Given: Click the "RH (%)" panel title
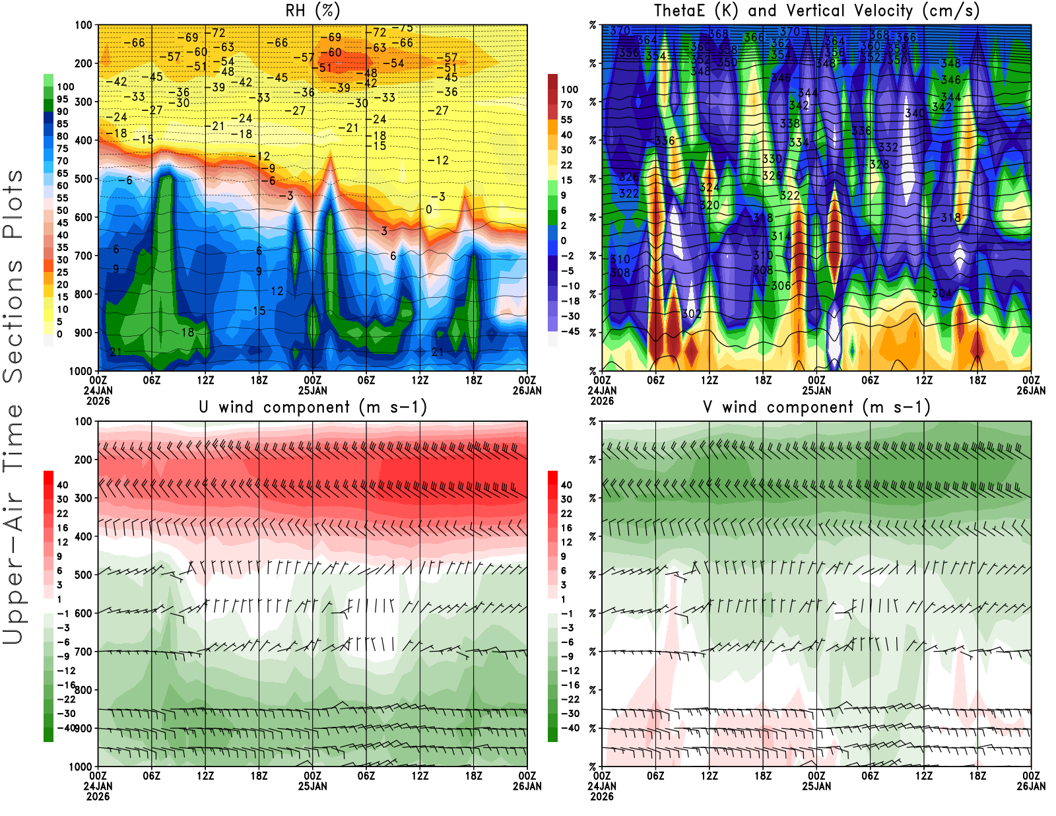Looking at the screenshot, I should (x=313, y=11).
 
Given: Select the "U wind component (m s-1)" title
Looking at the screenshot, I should (x=313, y=407).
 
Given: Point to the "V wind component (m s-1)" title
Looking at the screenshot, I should (x=816, y=407).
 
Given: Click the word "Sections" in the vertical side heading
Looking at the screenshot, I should (x=13, y=321).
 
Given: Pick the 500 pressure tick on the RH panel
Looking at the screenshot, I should (x=84, y=179).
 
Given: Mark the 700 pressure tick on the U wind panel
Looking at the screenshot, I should (x=84, y=652).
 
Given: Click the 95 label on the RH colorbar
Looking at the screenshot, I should (x=63, y=99).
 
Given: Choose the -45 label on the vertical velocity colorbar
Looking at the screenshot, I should (x=570, y=331).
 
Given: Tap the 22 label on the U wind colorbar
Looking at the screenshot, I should (x=63, y=514).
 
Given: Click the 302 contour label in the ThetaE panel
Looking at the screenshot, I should (x=691, y=314).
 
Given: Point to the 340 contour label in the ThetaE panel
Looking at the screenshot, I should (x=915, y=114).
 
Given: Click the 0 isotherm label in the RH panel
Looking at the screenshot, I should (x=429, y=209).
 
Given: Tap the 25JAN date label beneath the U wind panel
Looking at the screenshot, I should (x=313, y=786).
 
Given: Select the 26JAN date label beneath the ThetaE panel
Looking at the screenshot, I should (x=1031, y=391).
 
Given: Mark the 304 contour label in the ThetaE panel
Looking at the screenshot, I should (x=942, y=293).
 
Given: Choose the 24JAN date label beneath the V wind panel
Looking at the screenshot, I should (x=602, y=786).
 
